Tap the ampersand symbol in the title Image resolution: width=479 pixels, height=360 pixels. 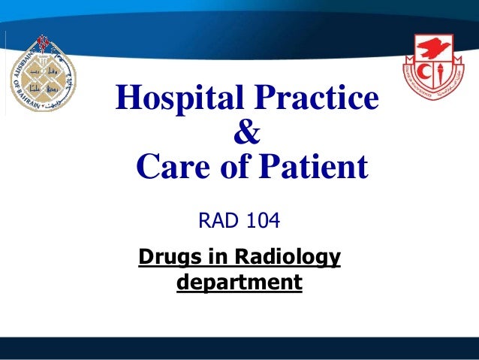coord(247,135)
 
